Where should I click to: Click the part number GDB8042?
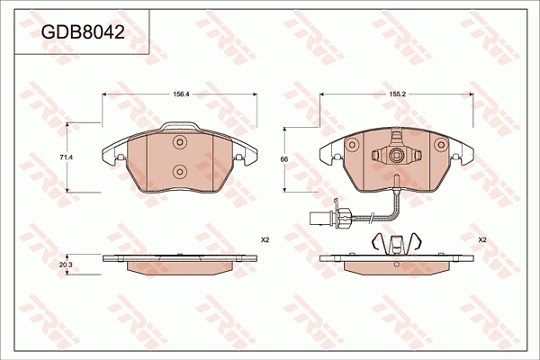[x=83, y=32]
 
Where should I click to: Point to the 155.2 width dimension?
[x=397, y=94]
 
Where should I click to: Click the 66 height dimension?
[x=284, y=159]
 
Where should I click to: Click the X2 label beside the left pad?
[x=265, y=240]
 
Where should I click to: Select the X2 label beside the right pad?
[x=482, y=240]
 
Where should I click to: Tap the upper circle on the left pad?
[x=180, y=142]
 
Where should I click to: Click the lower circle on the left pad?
[x=180, y=171]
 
